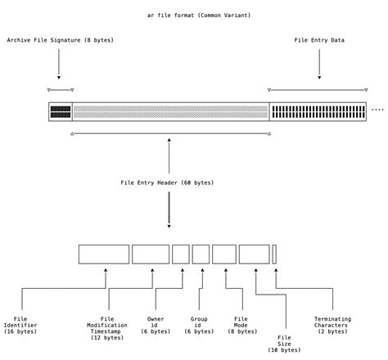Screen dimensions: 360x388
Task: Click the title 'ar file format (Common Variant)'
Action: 193,16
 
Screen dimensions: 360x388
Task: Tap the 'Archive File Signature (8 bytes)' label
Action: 60,40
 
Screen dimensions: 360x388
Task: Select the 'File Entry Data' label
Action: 319,40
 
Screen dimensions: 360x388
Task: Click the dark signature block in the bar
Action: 61,112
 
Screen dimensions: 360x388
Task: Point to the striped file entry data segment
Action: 318,112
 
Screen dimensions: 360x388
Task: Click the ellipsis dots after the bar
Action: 377,109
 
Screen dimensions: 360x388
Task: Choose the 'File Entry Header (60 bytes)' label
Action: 167,182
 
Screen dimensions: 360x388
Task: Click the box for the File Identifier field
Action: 104,254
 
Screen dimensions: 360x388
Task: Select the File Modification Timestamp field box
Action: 151,254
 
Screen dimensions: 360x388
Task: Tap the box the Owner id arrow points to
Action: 181,254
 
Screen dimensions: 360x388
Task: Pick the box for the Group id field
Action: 201,254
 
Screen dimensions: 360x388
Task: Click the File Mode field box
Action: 223,254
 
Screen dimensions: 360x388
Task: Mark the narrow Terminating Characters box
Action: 274,254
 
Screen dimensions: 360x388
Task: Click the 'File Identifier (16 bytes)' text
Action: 20,325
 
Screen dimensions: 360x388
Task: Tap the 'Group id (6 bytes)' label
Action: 200,325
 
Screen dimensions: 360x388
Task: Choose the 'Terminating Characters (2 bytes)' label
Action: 332,325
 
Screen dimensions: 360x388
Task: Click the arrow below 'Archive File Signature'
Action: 60,64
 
